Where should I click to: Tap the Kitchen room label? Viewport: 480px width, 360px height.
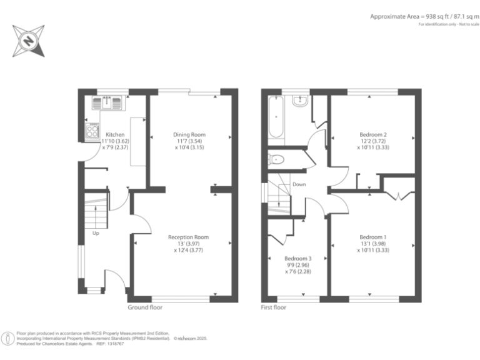pos(115,134)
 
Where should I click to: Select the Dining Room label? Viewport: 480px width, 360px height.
pos(189,134)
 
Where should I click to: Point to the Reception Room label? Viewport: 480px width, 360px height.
pos(188,237)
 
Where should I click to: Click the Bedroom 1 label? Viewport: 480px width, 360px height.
pos(372,237)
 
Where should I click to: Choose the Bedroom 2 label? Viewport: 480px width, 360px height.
pos(372,134)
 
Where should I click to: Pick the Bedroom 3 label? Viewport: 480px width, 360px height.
pos(297,258)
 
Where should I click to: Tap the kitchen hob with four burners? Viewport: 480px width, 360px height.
pos(92,131)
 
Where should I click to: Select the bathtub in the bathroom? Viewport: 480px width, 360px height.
pos(276,117)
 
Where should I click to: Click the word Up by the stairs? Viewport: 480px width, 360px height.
pos(96,233)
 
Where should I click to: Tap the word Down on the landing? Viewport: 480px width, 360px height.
pos(299,184)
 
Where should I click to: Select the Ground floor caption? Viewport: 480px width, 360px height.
pos(145,307)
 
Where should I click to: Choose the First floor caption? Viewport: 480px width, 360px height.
pos(274,307)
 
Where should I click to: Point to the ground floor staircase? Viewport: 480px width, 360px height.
pos(96,212)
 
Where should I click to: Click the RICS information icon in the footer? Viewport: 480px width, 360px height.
pos(8,338)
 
